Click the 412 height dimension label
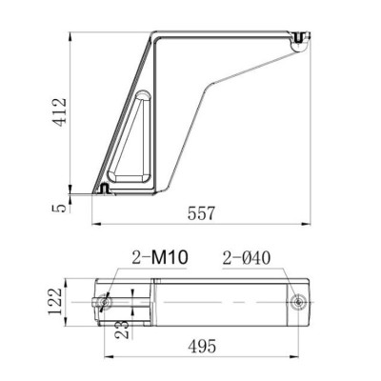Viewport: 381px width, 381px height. [61, 112]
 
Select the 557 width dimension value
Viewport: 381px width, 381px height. [202, 213]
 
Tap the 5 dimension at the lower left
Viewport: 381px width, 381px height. [61, 206]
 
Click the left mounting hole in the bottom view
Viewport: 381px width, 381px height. [107, 301]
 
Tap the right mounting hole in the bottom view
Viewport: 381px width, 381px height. [300, 302]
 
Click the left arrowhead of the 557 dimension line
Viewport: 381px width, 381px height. [94, 225]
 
